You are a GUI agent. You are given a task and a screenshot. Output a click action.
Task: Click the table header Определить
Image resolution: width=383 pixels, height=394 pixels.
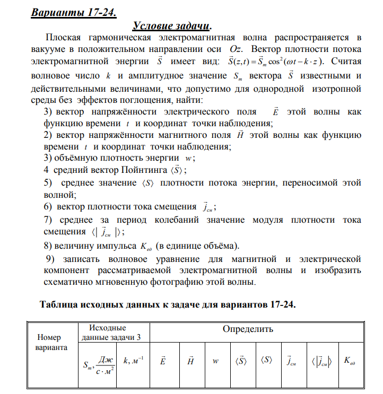pos(248,329)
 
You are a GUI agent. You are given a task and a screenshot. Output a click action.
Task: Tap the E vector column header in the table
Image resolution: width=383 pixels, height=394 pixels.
pos(162,361)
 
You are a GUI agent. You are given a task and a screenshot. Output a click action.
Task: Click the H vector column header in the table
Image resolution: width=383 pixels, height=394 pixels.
pos(190,361)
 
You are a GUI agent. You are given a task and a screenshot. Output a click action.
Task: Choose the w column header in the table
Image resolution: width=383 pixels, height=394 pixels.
pos(215,361)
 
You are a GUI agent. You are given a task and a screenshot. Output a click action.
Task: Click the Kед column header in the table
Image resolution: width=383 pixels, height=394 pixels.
pos(349,361)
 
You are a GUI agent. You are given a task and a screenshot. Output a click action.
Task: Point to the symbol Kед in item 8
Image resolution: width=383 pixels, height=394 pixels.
pos(146,246)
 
